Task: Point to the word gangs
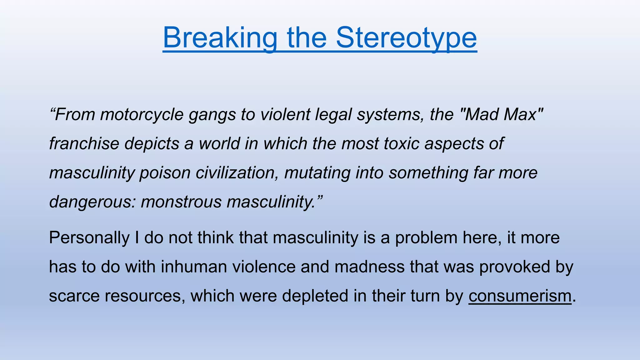point(212,115)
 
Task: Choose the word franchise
point(84,143)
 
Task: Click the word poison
point(165,173)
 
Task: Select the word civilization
point(237,173)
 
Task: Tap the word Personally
point(89,238)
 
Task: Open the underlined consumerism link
point(520,296)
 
